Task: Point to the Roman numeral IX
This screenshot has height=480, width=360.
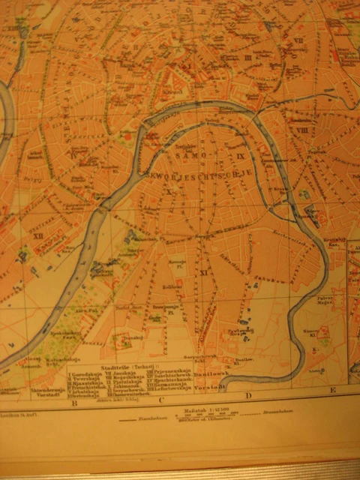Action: coord(241,156)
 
